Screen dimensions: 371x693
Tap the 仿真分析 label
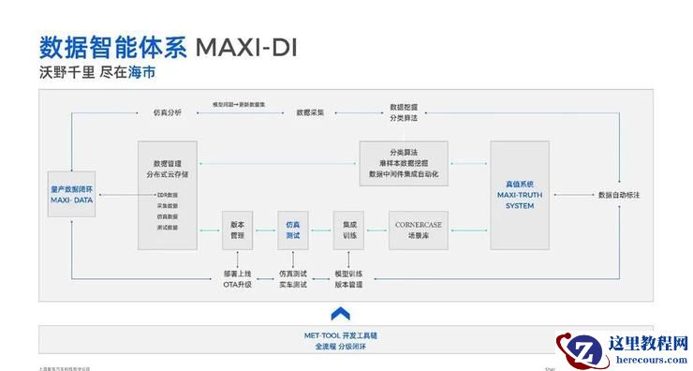(168, 111)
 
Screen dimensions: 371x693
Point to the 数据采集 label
(310, 111)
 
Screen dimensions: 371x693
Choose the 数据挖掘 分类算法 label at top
(404, 112)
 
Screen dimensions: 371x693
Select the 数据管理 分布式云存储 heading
(168, 168)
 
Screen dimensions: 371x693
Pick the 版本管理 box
(237, 230)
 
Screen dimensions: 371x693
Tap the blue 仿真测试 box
(293, 230)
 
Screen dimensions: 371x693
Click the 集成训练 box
(348, 230)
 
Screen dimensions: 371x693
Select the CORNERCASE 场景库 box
(419, 230)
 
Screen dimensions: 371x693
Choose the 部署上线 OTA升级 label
(237, 279)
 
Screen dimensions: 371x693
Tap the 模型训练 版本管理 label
(348, 279)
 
